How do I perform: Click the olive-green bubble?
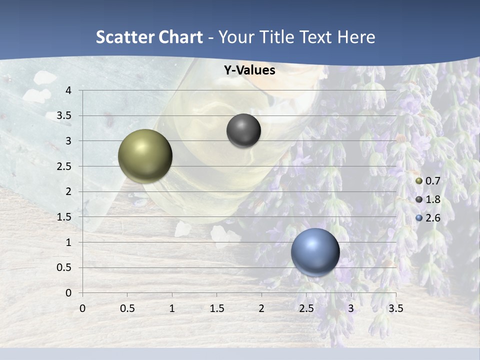tap(145, 156)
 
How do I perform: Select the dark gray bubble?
tap(243, 130)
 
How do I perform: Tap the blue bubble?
tap(315, 252)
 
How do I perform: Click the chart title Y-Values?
tap(249, 70)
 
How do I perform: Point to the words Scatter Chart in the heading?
tap(149, 37)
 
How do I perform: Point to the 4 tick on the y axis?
tap(68, 90)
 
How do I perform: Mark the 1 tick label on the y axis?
tap(68, 242)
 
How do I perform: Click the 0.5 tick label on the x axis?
tap(127, 308)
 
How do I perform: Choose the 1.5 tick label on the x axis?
tap(216, 308)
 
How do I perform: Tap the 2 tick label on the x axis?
tap(261, 308)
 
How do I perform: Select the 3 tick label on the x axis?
tap(351, 308)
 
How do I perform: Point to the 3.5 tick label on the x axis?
tap(395, 308)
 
